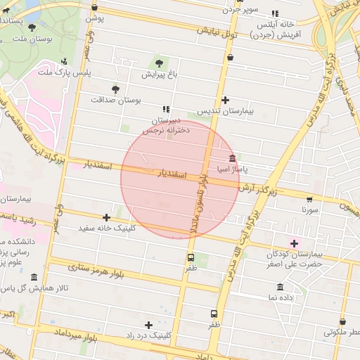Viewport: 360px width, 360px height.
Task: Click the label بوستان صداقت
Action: tap(116, 100)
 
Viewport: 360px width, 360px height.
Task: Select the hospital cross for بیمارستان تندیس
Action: tap(225, 100)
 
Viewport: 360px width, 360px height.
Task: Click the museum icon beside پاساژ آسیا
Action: tap(232, 157)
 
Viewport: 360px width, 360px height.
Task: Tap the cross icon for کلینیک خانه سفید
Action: tap(106, 217)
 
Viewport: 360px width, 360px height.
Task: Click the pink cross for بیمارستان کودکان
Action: tap(295, 243)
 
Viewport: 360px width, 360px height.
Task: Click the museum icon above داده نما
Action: tap(281, 287)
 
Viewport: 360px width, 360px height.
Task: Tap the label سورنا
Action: tap(310, 210)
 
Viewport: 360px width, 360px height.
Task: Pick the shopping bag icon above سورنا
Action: tap(310, 198)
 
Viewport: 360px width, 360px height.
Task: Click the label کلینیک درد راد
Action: tap(148, 336)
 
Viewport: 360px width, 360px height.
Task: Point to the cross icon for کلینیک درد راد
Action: tap(148, 325)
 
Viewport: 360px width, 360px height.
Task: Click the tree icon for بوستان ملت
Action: tap(32, 27)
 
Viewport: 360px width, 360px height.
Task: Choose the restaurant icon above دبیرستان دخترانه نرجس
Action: tap(166, 109)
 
